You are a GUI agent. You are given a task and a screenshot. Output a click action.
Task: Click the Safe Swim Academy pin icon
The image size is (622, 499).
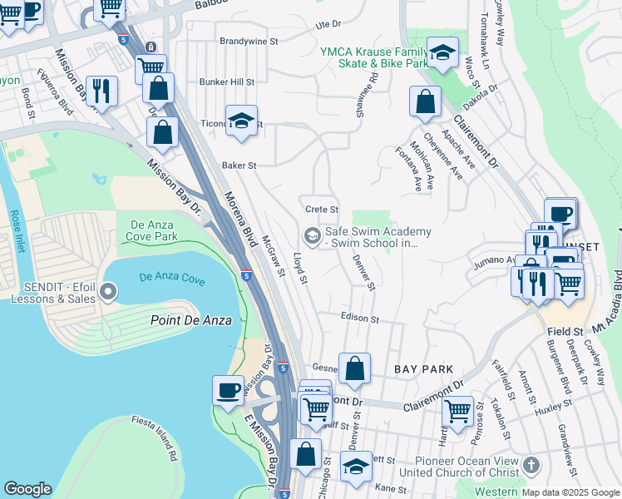click(312, 237)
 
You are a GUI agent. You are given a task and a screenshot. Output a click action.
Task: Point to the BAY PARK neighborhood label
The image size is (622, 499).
click(423, 368)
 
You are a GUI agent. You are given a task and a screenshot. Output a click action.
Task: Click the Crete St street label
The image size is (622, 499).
click(322, 210)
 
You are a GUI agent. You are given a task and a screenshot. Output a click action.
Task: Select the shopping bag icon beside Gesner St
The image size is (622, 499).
click(354, 368)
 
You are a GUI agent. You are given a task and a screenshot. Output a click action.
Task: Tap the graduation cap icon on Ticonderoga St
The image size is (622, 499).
click(241, 121)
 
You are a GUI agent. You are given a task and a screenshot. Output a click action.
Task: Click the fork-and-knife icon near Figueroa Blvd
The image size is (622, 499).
click(101, 90)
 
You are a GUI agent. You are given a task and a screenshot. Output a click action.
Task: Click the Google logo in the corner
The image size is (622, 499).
click(27, 489)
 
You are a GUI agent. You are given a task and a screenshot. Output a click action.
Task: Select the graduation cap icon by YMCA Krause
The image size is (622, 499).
click(443, 52)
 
